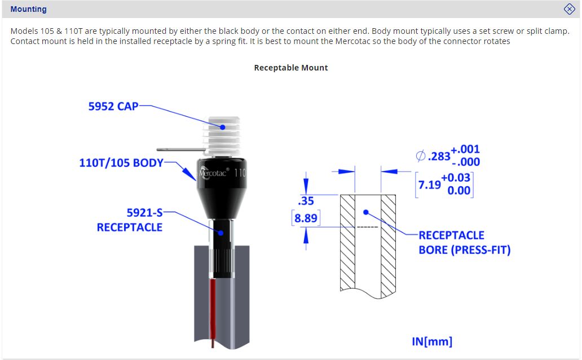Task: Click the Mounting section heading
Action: (x=29, y=9)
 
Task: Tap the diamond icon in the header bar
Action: (x=569, y=9)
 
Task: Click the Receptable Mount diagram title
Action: (x=291, y=68)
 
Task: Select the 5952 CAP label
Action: (x=113, y=106)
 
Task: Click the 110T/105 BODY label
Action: (x=121, y=163)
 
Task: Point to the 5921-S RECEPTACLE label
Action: (x=130, y=220)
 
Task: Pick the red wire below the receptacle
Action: (x=213, y=310)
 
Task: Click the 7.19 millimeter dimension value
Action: (x=429, y=185)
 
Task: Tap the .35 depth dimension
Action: (x=306, y=201)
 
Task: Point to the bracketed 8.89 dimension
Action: (x=306, y=218)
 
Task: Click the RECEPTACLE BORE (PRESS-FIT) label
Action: (x=464, y=243)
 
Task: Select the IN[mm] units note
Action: (x=432, y=341)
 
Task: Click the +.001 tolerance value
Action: (x=465, y=150)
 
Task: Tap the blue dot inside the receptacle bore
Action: (x=366, y=213)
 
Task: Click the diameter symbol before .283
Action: (x=421, y=156)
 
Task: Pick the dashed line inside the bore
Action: (x=367, y=227)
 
